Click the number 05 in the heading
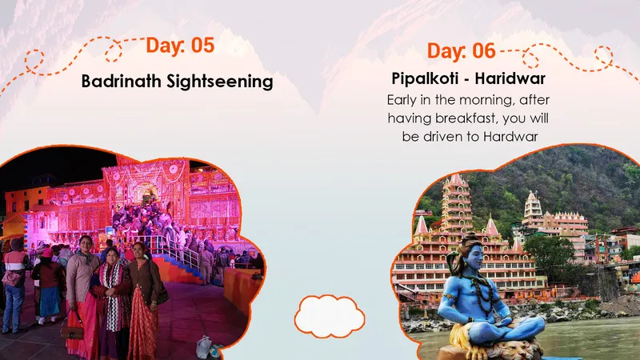(202, 45)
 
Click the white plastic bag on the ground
(205, 346)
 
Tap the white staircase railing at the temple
(180, 248)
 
